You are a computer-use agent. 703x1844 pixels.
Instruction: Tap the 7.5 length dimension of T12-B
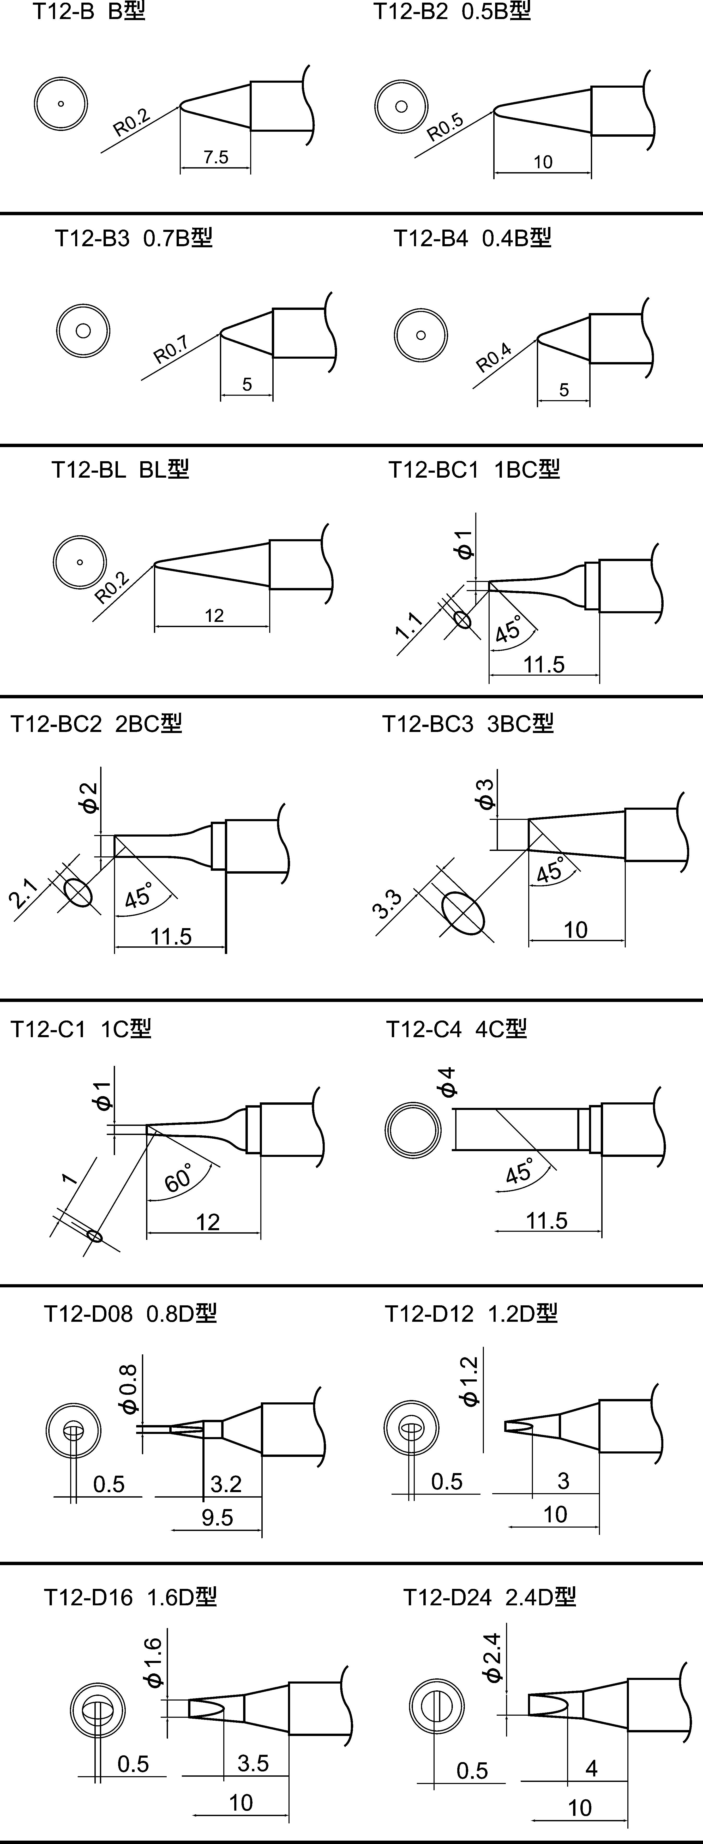(x=215, y=157)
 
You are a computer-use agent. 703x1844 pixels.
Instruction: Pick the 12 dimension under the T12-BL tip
(x=214, y=616)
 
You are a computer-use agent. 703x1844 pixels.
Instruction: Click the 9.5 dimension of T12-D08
(x=218, y=1517)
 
